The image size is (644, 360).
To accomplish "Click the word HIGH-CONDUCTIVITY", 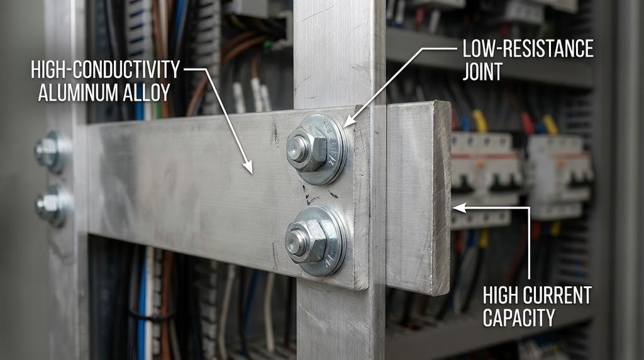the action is (x=106, y=69).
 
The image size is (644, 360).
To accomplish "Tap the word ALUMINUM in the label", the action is (x=78, y=93).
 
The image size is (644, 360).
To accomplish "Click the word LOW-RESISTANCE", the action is (x=528, y=49).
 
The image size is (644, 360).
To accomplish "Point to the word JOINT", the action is (x=482, y=72).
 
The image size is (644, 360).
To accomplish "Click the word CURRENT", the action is (x=558, y=295).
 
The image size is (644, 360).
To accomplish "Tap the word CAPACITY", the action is (x=519, y=318).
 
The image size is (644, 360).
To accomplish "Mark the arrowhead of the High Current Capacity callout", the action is (x=458, y=208).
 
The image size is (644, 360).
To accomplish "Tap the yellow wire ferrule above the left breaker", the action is (x=479, y=120).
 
